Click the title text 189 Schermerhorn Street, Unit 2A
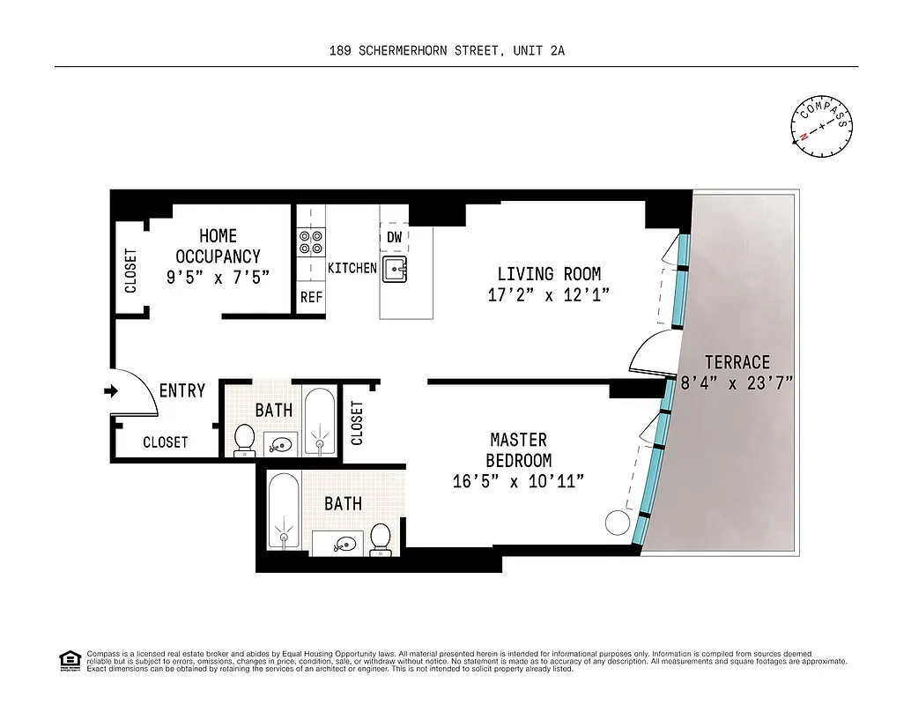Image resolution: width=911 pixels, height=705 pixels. (x=446, y=51)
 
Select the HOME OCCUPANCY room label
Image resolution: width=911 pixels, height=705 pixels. (x=218, y=246)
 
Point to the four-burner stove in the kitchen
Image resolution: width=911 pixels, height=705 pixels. (x=311, y=241)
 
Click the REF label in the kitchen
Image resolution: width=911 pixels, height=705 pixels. (x=311, y=298)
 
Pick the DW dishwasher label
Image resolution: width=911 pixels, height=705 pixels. (x=394, y=238)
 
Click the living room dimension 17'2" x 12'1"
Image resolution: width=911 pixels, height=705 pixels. (x=548, y=295)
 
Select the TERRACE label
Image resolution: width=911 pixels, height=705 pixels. (x=737, y=362)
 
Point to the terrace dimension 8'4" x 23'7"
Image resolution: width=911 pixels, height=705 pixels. (x=737, y=383)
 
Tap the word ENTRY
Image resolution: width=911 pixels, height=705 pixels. (x=182, y=390)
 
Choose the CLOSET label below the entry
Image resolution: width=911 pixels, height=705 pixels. (x=165, y=442)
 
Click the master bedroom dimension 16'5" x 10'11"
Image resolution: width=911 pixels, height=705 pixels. (x=518, y=482)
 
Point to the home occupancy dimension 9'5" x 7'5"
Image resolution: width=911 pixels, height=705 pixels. (x=218, y=277)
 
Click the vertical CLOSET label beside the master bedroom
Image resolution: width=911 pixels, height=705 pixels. (x=357, y=423)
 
